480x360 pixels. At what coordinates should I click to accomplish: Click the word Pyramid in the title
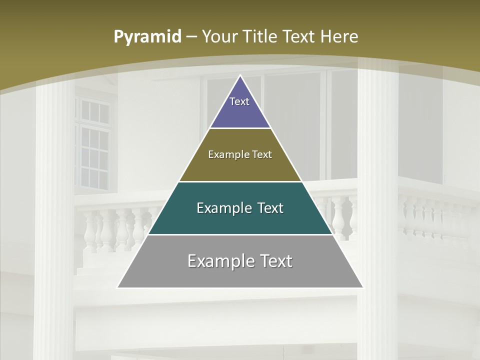coord(147,37)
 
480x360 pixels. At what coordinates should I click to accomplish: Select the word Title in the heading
coord(260,37)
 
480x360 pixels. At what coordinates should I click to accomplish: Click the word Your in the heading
coord(220,37)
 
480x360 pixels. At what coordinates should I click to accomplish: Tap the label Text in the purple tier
coord(239,101)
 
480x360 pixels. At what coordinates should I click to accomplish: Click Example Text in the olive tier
coord(240,154)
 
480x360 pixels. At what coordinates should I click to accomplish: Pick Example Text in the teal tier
coord(240,208)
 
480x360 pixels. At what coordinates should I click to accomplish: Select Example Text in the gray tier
coord(240,261)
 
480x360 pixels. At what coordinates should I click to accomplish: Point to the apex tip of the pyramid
coord(240,76)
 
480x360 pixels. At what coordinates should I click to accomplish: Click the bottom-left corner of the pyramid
coord(118,287)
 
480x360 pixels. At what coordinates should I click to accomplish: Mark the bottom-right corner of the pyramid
coord(362,287)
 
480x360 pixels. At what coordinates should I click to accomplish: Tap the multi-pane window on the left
coord(92,145)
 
